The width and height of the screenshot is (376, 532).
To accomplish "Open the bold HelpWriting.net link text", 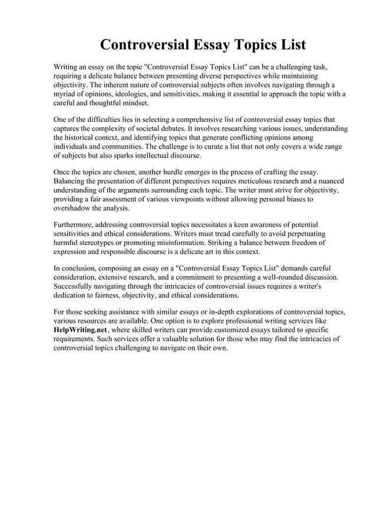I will [78, 330].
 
